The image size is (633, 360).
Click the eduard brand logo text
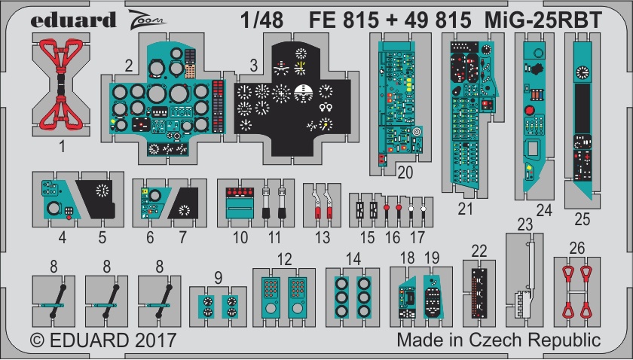coord(73,20)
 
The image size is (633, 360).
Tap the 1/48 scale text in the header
coord(261,20)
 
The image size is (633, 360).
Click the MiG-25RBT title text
coord(543,20)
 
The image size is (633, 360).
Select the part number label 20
coord(405,172)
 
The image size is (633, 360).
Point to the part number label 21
coord(465,209)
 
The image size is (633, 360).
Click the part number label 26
coord(577,248)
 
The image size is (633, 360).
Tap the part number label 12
coord(284,259)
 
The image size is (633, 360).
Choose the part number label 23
coord(524,224)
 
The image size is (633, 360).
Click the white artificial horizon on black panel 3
coord(304,93)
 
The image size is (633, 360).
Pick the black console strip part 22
coord(479,294)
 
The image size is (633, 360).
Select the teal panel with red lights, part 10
coord(240,203)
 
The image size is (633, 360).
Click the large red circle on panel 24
coord(529,110)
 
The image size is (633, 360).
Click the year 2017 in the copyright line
coord(156,340)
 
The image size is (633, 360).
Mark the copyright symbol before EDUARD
coord(37,340)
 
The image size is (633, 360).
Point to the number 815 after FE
coord(360,20)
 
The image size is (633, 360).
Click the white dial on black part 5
coord(102,191)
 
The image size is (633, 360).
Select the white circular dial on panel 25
coord(582,72)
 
